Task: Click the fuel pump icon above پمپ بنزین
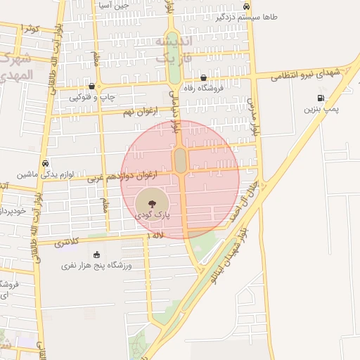tap(321, 98)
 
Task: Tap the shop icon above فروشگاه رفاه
tap(203, 78)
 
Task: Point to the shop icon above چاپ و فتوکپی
tap(92, 85)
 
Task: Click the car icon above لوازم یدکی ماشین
tap(45, 163)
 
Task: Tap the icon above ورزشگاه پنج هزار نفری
tap(96, 255)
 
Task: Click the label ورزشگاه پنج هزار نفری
tap(96, 266)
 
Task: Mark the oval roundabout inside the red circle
tap(181, 160)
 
